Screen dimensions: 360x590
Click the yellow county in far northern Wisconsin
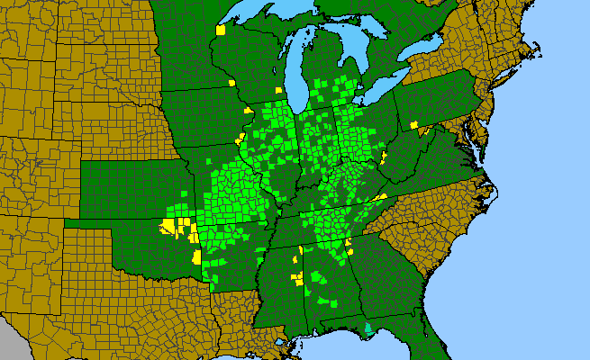[x=221, y=30]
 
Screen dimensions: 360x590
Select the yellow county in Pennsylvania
[x=414, y=124]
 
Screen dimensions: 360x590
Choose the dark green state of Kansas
[x=135, y=189]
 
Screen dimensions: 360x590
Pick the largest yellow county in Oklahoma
[x=167, y=226]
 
